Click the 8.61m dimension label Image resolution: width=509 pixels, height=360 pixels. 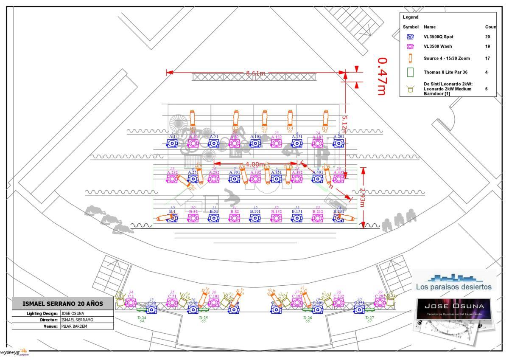click(x=256, y=73)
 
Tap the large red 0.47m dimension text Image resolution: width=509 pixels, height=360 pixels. click(x=381, y=76)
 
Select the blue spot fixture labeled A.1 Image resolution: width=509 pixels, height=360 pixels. click(x=172, y=143)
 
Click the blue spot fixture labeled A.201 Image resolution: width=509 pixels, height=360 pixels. click(x=338, y=143)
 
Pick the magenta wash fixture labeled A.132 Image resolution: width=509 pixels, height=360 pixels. click(x=276, y=143)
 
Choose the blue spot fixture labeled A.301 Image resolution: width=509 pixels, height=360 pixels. click(x=235, y=179)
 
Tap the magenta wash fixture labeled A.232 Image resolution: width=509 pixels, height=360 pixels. click(x=172, y=179)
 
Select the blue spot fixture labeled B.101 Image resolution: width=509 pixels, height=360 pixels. click(x=255, y=218)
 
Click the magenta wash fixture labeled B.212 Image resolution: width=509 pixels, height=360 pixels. click(x=317, y=218)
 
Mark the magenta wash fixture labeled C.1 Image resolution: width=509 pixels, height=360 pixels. click(x=130, y=302)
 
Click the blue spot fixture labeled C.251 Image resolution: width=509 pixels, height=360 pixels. click(x=359, y=309)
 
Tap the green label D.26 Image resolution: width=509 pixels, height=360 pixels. click(x=308, y=318)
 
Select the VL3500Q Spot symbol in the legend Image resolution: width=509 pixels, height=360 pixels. click(x=410, y=37)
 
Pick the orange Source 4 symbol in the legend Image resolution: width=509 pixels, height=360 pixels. click(x=410, y=58)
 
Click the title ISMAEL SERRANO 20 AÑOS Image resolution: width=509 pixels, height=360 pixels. click(x=63, y=304)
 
